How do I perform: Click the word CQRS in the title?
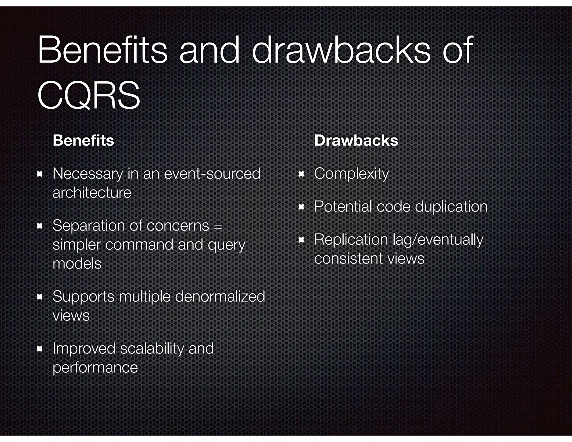(x=89, y=95)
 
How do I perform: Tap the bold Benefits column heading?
(x=83, y=140)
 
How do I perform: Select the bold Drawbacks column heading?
(x=356, y=140)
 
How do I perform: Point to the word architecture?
(x=92, y=193)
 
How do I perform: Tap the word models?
(x=77, y=263)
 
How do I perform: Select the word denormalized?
(x=220, y=296)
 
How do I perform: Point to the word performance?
(x=95, y=367)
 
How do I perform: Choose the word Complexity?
(x=351, y=174)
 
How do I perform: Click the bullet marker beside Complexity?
(x=301, y=174)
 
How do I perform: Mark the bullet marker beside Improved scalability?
(x=40, y=349)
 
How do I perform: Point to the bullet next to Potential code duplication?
(x=301, y=207)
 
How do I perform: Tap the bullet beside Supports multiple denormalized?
(x=40, y=297)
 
